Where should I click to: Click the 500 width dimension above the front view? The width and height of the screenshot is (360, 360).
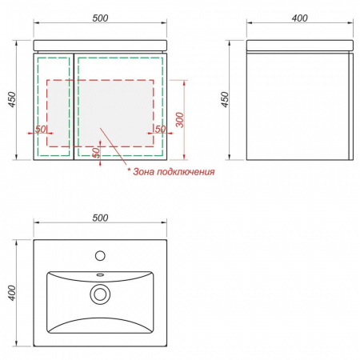coord(100,18)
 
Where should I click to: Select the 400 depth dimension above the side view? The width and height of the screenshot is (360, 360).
coord(300,18)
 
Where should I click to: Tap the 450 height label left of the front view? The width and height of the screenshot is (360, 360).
coord(12,100)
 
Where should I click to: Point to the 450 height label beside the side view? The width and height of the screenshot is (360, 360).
coord(226,100)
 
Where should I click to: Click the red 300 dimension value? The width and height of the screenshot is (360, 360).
coord(180,120)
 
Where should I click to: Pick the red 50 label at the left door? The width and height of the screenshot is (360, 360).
coord(41,129)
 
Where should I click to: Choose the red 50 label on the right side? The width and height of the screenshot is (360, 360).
coord(160,129)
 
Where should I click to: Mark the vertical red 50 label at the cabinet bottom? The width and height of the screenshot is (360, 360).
coord(96,153)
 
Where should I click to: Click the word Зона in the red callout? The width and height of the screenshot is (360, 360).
coord(143,171)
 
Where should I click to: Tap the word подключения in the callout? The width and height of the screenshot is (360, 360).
coord(186,172)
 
